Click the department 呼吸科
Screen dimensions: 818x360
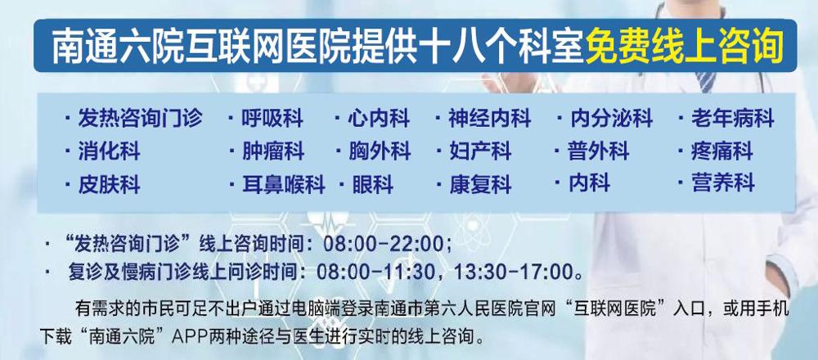tap(272, 119)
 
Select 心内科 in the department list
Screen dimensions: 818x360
tap(379, 119)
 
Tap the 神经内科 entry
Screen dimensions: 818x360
tap(489, 119)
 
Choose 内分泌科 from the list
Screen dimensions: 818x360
tap(611, 119)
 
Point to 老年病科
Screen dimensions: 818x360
tap(733, 119)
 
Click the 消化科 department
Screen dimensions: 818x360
tap(109, 151)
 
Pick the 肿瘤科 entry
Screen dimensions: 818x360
tap(273, 151)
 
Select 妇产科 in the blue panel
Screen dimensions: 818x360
tap(480, 151)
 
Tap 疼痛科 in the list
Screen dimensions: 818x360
tap(722, 151)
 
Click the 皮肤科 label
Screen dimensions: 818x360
tap(109, 185)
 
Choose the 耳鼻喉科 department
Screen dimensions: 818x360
tap(283, 185)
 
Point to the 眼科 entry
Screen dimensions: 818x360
tap(372, 185)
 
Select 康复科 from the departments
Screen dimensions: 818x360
tap(480, 185)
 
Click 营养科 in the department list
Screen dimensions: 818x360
tap(723, 183)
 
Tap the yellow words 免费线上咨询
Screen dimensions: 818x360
tap(685, 45)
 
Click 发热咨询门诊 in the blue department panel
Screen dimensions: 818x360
tap(140, 119)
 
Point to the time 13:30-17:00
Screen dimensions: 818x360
tap(514, 272)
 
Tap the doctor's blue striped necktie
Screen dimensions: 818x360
tap(707, 82)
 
